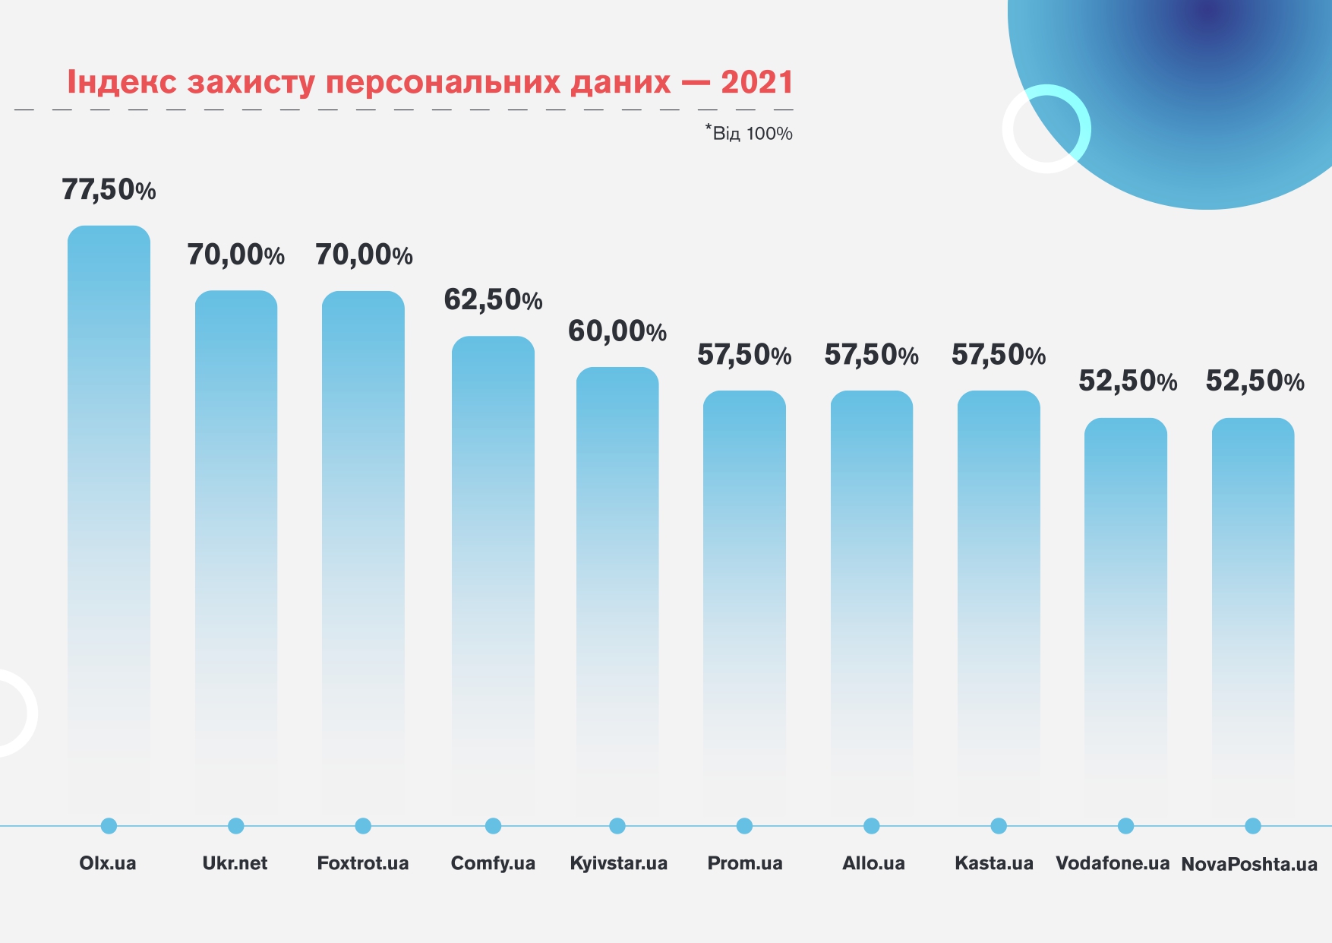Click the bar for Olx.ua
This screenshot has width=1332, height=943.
tap(109, 517)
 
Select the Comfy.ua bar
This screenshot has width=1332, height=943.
tap(493, 570)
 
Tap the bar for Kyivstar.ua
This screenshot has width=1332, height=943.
tap(617, 585)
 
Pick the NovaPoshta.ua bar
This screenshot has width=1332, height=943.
tap(1253, 608)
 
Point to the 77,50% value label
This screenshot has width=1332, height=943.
tap(109, 189)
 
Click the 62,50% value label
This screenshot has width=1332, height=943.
tap(493, 300)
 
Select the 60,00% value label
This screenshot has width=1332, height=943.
tap(617, 331)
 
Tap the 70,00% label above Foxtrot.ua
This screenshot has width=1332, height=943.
tap(364, 255)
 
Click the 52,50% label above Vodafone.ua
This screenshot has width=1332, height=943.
tap(1128, 381)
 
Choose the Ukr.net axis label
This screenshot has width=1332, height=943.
tap(235, 863)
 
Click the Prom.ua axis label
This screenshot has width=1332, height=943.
tap(745, 863)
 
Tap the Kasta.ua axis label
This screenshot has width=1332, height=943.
tap(994, 863)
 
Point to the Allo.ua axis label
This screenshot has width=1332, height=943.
tap(873, 863)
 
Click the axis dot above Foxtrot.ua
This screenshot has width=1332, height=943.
tap(363, 826)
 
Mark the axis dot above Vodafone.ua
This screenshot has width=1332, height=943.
tap(1126, 826)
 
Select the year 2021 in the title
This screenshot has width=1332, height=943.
tap(757, 82)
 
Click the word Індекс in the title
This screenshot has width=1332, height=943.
tap(122, 82)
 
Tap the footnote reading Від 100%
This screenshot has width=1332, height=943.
tap(750, 133)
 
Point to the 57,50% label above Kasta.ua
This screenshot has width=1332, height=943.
tap(999, 355)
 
